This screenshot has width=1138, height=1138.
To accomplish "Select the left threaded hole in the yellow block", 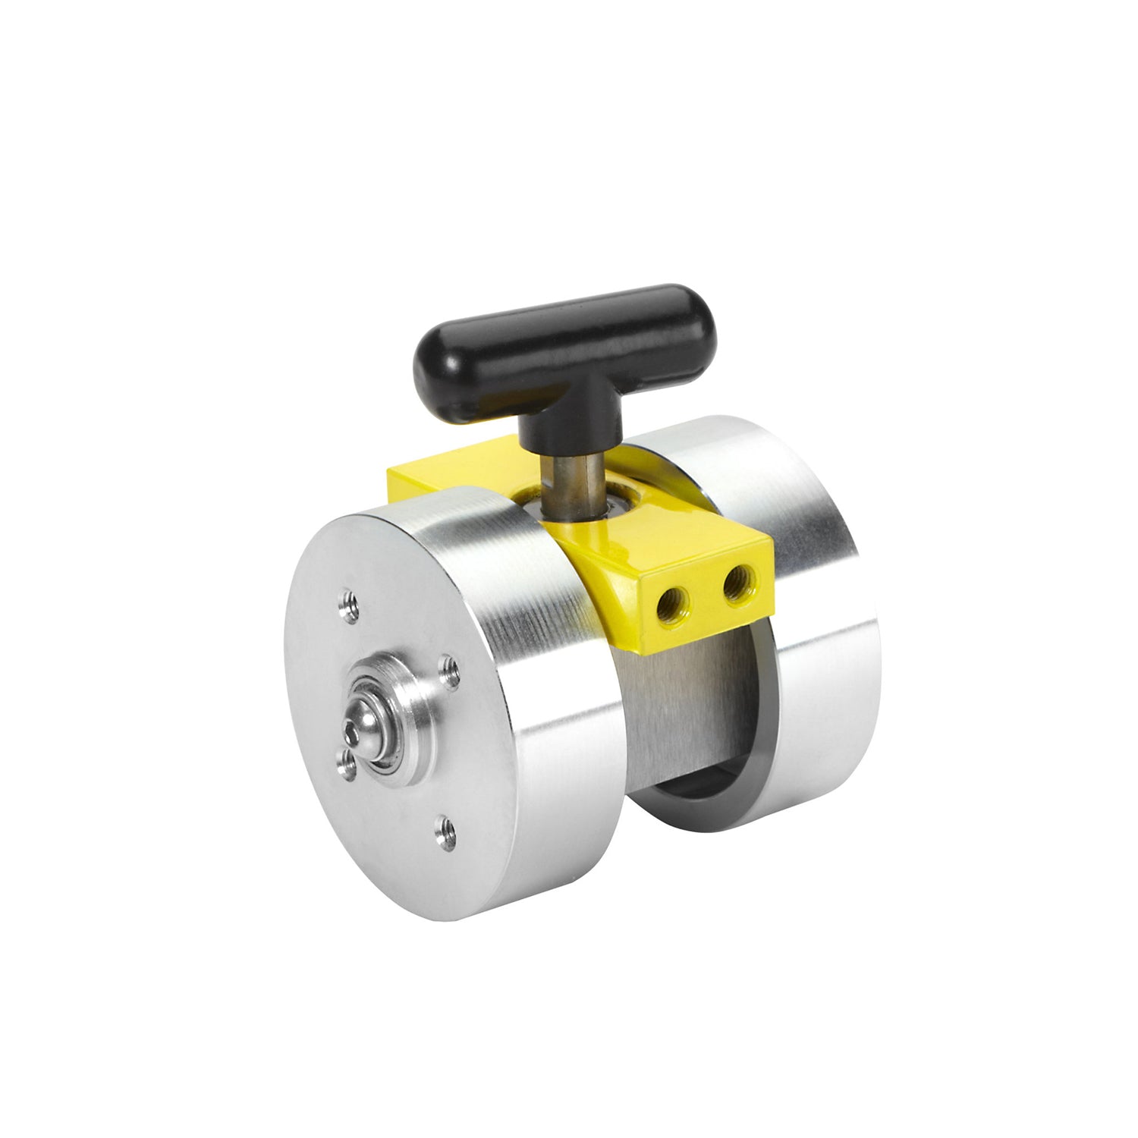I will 671,601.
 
